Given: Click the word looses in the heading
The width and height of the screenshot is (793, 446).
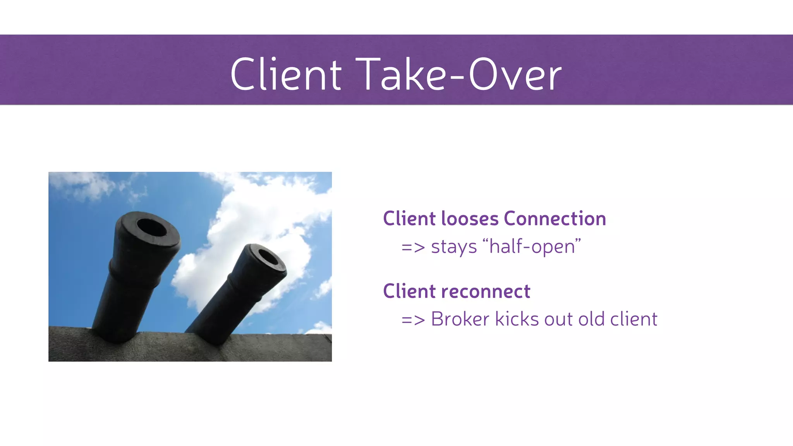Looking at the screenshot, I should (470, 219).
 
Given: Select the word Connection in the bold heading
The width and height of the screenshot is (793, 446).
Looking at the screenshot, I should (554, 219).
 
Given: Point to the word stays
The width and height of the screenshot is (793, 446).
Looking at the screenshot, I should (453, 247).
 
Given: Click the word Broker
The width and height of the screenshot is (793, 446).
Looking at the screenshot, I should (460, 319).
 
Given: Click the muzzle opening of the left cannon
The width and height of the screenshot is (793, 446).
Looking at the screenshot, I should (152, 228).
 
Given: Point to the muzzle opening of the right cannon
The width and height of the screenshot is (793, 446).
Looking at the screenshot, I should (268, 257).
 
